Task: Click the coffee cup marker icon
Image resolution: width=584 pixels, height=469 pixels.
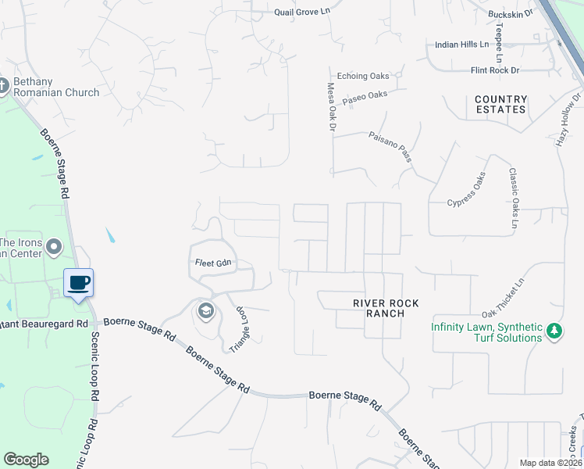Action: (78, 282)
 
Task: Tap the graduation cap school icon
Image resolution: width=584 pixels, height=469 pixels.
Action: (205, 311)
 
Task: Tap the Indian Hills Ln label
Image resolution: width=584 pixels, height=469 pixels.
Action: (461, 45)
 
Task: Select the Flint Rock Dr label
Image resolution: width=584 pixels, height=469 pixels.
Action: (495, 70)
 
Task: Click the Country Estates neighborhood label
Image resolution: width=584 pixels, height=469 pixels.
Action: (500, 104)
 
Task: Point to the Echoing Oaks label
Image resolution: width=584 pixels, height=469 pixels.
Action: (363, 76)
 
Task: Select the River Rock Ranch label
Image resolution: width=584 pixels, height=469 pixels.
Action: (379, 307)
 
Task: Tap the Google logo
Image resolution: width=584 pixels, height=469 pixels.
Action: (26, 460)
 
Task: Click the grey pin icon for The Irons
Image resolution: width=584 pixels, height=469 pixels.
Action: (54, 248)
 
